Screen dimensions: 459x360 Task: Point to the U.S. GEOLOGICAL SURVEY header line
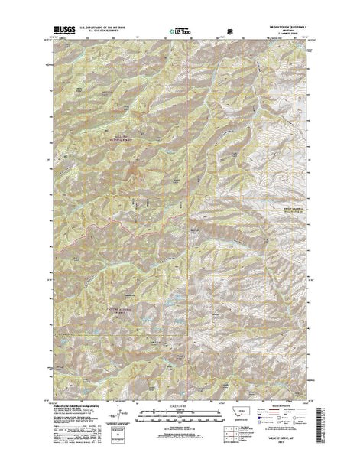click(112, 34)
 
